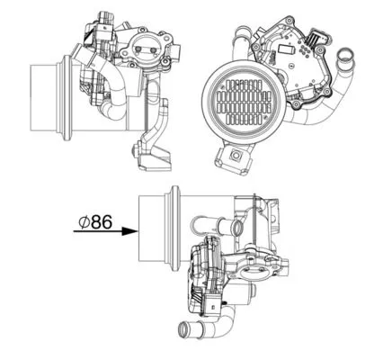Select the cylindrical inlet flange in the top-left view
45,92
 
